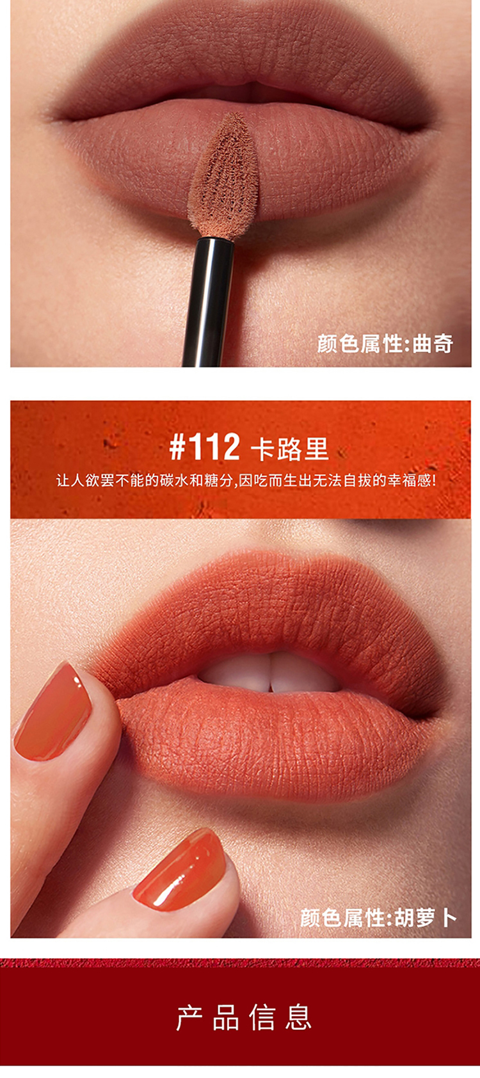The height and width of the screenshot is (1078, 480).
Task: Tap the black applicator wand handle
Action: click(208, 302)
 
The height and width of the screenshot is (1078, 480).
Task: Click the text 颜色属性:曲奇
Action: click(385, 344)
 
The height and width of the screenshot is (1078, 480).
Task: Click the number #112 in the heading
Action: click(205, 447)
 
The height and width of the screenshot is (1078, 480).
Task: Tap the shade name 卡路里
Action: click(290, 449)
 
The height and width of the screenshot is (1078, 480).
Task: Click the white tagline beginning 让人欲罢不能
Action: click(246, 480)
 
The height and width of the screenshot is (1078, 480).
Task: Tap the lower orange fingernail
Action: click(180, 869)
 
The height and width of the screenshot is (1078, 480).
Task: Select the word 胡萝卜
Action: click(426, 917)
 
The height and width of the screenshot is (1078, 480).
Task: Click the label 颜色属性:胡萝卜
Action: click(378, 917)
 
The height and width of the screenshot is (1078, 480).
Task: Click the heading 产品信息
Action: click(244, 1017)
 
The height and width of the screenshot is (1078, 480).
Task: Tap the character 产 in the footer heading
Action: click(189, 1017)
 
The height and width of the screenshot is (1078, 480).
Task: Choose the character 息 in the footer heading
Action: click(299, 1017)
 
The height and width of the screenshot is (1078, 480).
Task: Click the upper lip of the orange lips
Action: click(269, 611)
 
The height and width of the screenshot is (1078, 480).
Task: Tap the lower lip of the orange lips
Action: click(269, 741)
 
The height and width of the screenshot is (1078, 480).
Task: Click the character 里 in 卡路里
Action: click(316, 449)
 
